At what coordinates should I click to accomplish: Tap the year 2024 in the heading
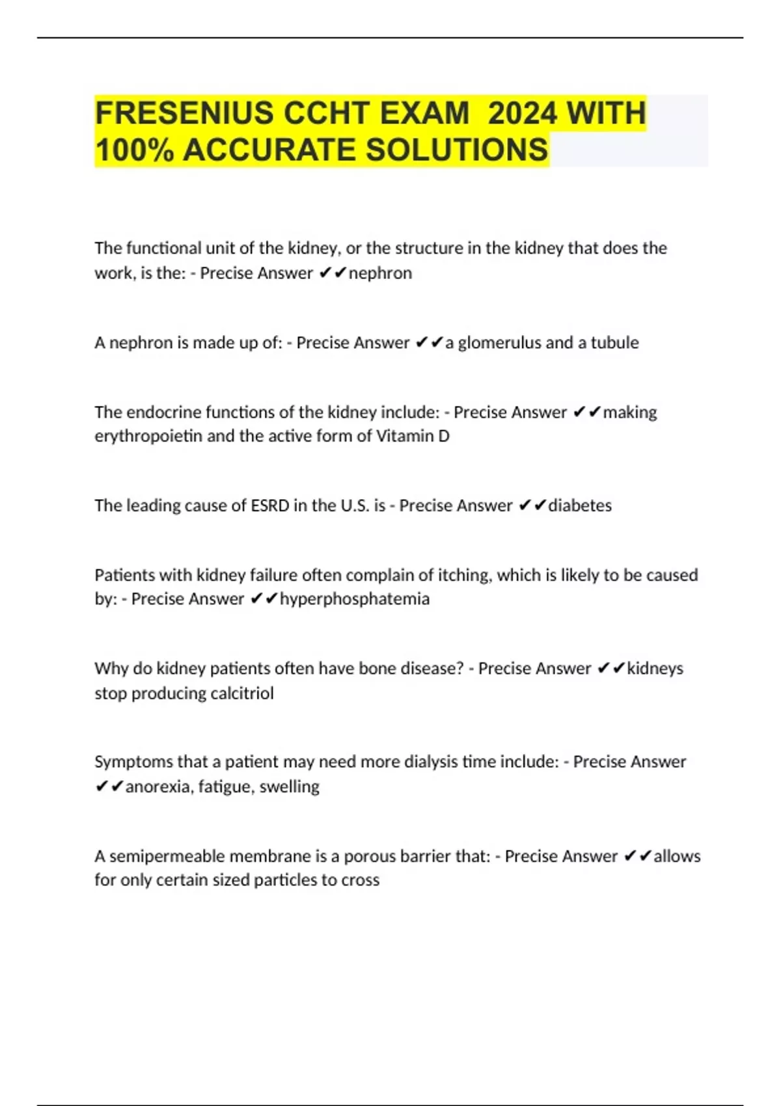(x=522, y=113)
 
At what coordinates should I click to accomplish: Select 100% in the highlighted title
(x=134, y=150)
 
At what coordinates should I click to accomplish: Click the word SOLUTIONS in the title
(x=456, y=150)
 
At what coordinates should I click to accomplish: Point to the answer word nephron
(x=380, y=273)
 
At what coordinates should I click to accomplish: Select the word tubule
(x=614, y=342)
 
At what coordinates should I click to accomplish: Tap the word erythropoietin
(x=148, y=436)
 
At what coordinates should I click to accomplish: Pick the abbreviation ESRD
(x=269, y=506)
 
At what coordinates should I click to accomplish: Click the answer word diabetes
(x=580, y=506)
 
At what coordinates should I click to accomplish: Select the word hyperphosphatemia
(x=355, y=599)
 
